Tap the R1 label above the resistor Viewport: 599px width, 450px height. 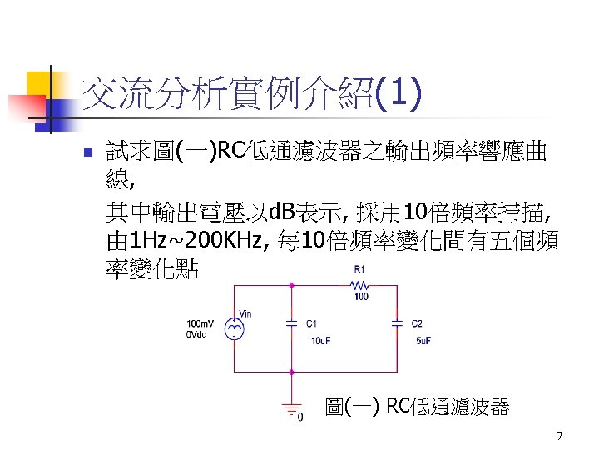tap(359, 269)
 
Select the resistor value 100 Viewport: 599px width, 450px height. tap(361, 296)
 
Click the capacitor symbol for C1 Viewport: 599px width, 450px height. tap(291, 322)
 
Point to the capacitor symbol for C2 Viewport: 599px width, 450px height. tap(398, 322)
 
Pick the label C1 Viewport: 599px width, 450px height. tap(312, 323)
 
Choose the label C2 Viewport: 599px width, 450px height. tap(418, 323)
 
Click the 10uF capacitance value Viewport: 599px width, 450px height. tap(321, 340)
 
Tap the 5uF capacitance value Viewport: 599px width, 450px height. tap(423, 340)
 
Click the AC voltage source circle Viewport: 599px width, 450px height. tap(235, 328)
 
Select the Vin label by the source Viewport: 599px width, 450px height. tap(245, 313)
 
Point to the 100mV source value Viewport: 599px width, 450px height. tap(200, 323)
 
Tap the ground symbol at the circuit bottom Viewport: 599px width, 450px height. tap(290, 408)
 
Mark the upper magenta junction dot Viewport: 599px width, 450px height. tap(291, 284)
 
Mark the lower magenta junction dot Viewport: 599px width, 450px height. tap(291, 372)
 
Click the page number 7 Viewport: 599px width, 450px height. tap(560, 436)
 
